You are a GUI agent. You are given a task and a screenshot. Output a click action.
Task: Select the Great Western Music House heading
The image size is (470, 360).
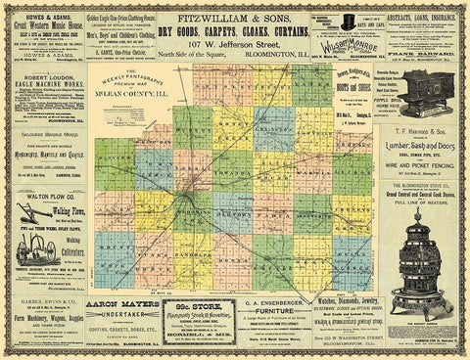[x=46, y=25]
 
